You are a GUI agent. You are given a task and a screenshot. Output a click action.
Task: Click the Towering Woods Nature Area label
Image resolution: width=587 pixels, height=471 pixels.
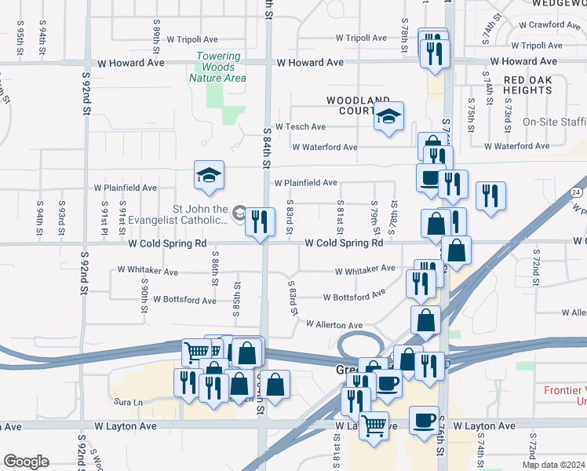coord(217,68)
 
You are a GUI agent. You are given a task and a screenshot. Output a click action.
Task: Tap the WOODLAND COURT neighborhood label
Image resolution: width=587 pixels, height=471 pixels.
coord(358,105)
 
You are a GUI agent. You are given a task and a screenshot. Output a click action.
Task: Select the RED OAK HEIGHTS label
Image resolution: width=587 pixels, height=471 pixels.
coord(539,86)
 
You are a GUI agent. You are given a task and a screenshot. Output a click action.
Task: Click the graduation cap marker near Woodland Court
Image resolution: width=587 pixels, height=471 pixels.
coord(388,117)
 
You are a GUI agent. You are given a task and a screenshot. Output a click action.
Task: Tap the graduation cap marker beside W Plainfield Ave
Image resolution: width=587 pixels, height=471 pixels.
coord(210,176)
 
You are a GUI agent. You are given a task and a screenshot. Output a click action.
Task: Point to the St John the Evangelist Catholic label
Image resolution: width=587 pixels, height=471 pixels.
coord(200,215)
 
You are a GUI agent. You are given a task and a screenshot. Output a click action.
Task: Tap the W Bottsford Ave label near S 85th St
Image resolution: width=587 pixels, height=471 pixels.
coord(185,300)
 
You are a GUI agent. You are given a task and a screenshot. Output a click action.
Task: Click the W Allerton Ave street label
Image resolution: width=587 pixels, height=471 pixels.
coord(334,324)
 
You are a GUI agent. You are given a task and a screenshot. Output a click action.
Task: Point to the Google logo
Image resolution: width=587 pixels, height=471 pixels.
coord(26,462)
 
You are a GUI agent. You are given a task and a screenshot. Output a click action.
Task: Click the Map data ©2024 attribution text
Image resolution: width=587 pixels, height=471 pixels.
coord(553,465)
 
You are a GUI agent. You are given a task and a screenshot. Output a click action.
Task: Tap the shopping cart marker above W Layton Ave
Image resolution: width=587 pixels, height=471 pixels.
coord(374,426)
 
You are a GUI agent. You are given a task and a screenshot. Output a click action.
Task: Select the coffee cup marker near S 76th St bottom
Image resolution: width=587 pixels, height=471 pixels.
coord(425,420)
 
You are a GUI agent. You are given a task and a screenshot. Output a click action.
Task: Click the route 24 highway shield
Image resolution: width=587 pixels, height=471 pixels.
coord(577,192)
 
